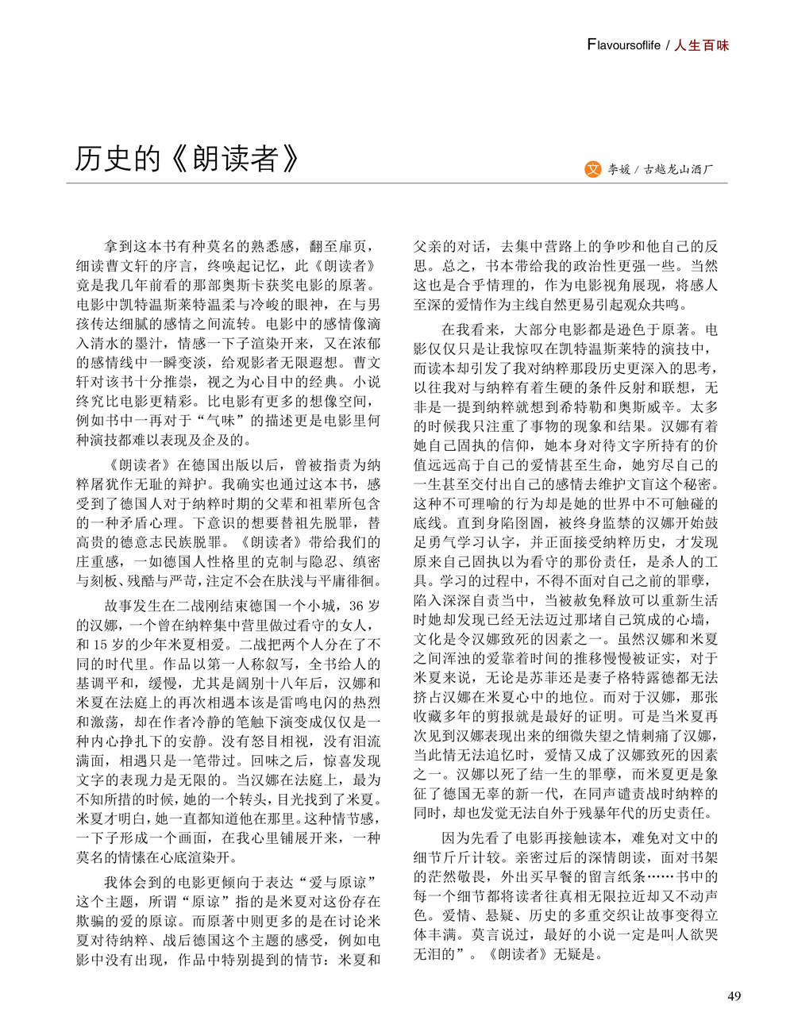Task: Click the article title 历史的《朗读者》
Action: point(187,159)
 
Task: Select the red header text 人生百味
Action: point(701,45)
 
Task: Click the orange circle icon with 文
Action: point(592,169)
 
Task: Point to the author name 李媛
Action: point(619,170)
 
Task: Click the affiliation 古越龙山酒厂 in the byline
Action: point(679,170)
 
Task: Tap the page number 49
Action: point(734,996)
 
